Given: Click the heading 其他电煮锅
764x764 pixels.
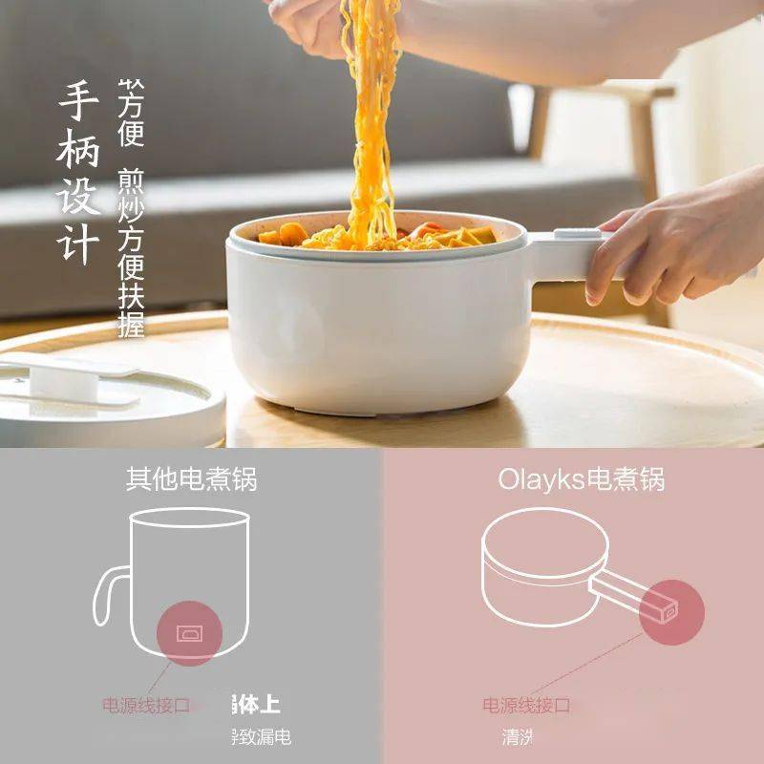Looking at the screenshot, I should pos(191,478).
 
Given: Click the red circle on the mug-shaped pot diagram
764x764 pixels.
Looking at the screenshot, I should pos(188,632).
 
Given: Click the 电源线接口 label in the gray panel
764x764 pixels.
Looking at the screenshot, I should pos(146,706).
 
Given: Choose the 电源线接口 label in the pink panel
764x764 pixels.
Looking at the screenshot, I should pos(526,706).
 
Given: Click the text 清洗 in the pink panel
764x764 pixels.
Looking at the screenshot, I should pos(517,736).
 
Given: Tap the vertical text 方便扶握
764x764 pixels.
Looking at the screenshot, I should pos(131,286).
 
